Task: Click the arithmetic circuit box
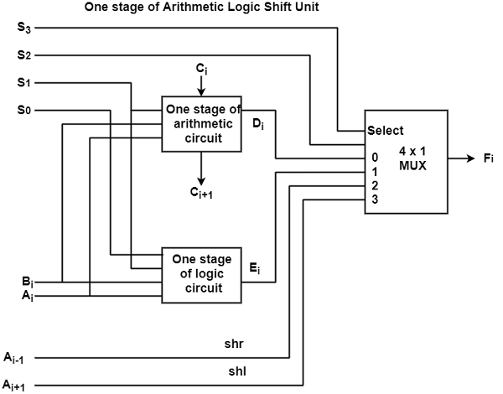tap(202, 124)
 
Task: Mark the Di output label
tap(258, 124)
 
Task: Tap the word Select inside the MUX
tap(386, 131)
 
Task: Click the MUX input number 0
tap(374, 157)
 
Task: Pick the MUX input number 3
tap(374, 200)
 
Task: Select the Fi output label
tap(490, 158)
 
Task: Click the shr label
tap(234, 344)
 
